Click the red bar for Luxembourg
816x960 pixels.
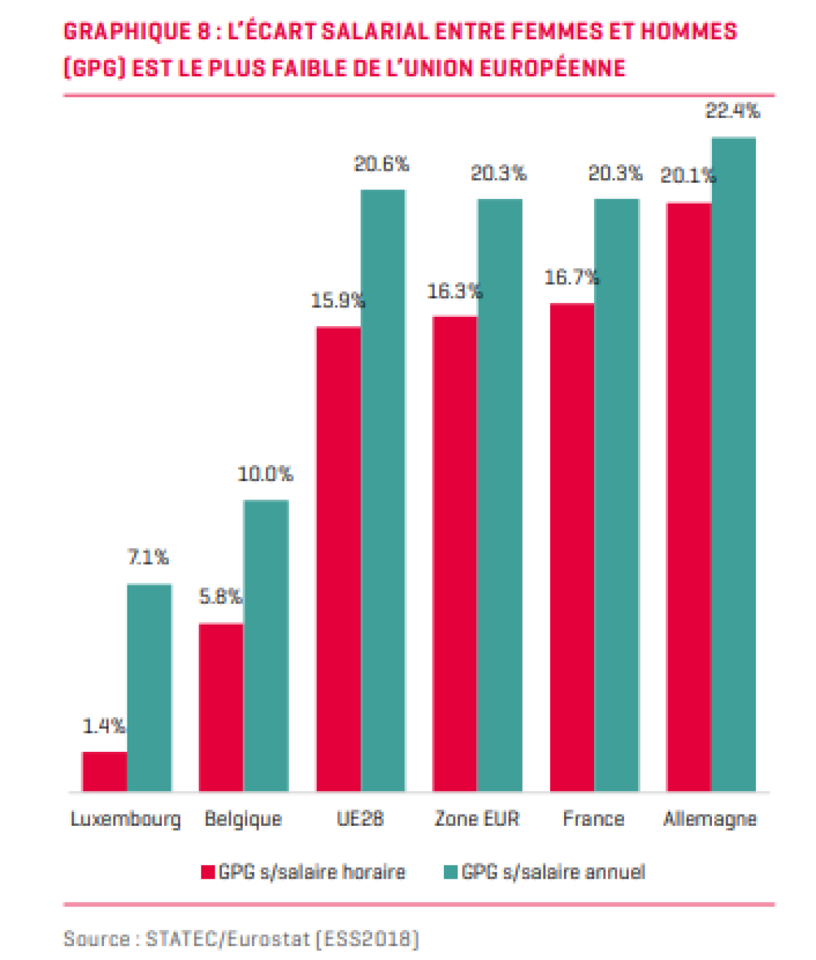pos(104,771)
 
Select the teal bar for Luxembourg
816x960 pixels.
pos(149,687)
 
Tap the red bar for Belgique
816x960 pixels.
pos(221,707)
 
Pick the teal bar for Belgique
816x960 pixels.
pos(266,645)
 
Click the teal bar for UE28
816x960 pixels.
pos(383,490)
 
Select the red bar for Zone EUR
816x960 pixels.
pos(455,554)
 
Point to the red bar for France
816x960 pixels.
pos(572,547)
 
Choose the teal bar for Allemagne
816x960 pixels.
pos(734,464)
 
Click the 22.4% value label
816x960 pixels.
pos(733,111)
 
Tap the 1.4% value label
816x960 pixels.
pos(103,726)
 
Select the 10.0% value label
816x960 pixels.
pos(265,474)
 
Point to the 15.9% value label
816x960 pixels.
pos(338,301)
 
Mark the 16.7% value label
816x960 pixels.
pos(571,278)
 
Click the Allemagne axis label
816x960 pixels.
pos(710,819)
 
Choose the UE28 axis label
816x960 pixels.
pos(360,819)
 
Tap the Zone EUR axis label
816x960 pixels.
pos(477,819)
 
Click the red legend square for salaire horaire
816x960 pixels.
pos(207,872)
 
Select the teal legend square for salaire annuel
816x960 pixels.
pos(451,872)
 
